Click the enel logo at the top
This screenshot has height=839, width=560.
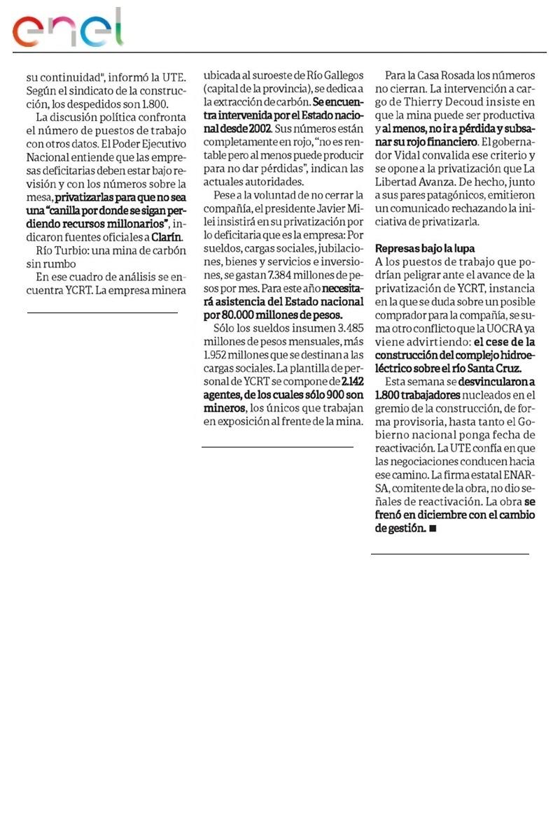pos(68,29)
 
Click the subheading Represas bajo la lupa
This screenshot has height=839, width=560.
pos(426,248)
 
